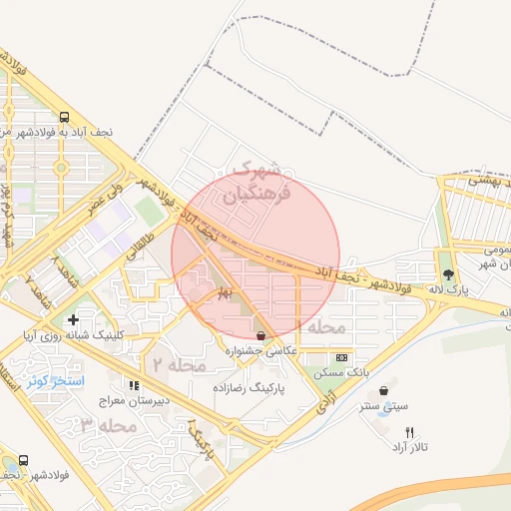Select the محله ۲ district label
pos(178,364)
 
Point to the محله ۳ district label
pos(108,425)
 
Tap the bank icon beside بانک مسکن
pos(342,357)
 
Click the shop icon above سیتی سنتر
pos(384,390)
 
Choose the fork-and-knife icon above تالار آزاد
pos(409,432)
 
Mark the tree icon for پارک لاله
pos(448,273)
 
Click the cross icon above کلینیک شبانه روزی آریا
pos(72,319)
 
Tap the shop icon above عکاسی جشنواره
pos(261,335)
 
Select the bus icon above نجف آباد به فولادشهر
pos(64,116)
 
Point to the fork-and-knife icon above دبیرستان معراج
pos(132,385)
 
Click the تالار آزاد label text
pos(409,448)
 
